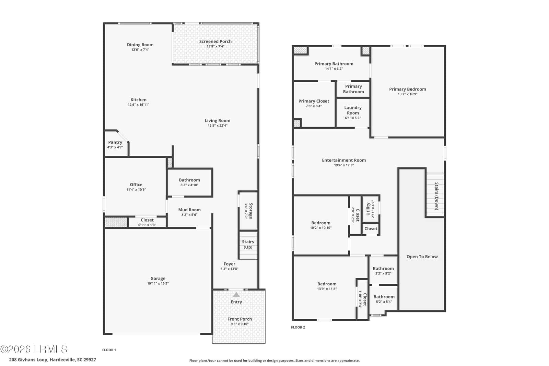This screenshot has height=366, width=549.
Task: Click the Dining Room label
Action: pos(140,45)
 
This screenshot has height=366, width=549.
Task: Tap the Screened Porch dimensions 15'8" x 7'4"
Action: pos(215,46)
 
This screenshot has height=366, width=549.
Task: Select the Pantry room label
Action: pos(115,142)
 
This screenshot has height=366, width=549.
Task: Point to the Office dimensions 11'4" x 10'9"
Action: pos(136,189)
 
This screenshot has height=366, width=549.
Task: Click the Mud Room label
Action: pos(189,210)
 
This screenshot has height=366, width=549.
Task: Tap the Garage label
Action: pos(158,278)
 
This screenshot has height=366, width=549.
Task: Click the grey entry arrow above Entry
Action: pos(236,294)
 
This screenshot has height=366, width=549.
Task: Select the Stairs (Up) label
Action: pos(248,244)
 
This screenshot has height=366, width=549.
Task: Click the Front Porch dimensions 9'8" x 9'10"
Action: pos(240,324)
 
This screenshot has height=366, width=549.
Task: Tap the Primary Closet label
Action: pos(314,101)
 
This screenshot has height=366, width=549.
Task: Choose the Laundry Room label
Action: pos(353,110)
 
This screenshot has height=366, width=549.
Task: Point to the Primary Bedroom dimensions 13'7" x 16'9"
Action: pos(408,94)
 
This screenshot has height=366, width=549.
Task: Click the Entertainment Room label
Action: pos(344,160)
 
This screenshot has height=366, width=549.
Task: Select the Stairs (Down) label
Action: pos(436,196)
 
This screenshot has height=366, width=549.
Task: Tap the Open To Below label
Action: pos(422,257)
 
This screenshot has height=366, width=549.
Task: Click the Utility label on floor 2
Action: pos(368,209)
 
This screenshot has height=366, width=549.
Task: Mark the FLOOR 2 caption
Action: pos(298,327)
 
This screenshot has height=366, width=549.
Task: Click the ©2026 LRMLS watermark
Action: pos(34,349)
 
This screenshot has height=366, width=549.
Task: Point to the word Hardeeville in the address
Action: pos(62,359)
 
